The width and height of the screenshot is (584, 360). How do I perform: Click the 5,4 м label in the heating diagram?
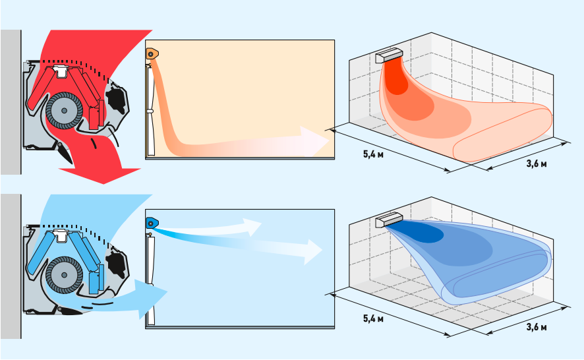pyautogui.click(x=373, y=154)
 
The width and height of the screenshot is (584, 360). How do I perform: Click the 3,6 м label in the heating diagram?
pyautogui.click(x=537, y=164)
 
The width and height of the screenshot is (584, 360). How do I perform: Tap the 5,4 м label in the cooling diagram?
pyautogui.click(x=373, y=318)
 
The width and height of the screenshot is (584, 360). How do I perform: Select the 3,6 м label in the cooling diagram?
pyautogui.click(x=537, y=328)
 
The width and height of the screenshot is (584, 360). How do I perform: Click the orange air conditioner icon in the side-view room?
pyautogui.click(x=152, y=54)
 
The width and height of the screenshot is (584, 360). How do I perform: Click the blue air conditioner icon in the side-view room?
pyautogui.click(x=152, y=224)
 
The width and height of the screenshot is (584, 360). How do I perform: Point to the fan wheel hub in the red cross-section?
pyautogui.click(x=65, y=111)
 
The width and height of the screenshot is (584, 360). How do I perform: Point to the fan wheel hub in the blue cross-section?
pyautogui.click(x=65, y=275)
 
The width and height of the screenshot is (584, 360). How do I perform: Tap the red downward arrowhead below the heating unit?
pyautogui.click(x=101, y=175)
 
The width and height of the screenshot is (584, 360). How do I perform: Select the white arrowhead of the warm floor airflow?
pyautogui.click(x=314, y=142)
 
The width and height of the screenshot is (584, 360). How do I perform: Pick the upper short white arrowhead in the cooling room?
pyautogui.click(x=251, y=226)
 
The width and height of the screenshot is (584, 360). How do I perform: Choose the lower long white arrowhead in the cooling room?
pyautogui.click(x=313, y=252)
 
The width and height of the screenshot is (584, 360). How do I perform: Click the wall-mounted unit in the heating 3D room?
pyautogui.click(x=389, y=55)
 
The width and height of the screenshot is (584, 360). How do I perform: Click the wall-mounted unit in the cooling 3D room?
pyautogui.click(x=389, y=220)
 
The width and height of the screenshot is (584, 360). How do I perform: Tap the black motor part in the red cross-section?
pyautogui.click(x=116, y=98)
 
